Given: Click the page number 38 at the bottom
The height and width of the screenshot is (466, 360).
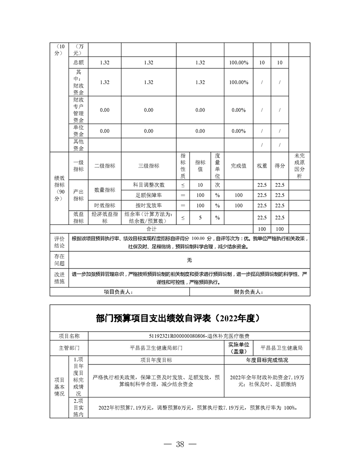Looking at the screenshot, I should pos(180,444).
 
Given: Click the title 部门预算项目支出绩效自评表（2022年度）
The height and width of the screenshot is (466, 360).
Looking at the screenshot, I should pos(180,318).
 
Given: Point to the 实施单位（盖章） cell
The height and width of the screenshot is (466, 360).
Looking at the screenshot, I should pos(239,348).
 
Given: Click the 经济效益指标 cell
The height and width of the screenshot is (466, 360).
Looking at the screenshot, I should pos(105,218).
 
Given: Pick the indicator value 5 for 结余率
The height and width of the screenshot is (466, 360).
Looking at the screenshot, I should pos(200,218).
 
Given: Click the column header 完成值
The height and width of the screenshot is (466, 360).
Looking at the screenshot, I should pos(239,166).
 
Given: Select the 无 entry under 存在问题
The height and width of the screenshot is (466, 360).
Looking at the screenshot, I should pos(189,260).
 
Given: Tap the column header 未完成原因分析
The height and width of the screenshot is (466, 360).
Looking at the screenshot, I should pos(299,166).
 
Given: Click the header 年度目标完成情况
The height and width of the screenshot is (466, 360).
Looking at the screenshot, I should pos(267,360).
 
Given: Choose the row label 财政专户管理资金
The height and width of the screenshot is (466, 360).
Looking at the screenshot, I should pos(80,110).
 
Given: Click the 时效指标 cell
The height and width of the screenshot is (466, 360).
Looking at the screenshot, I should pos(105,205).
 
